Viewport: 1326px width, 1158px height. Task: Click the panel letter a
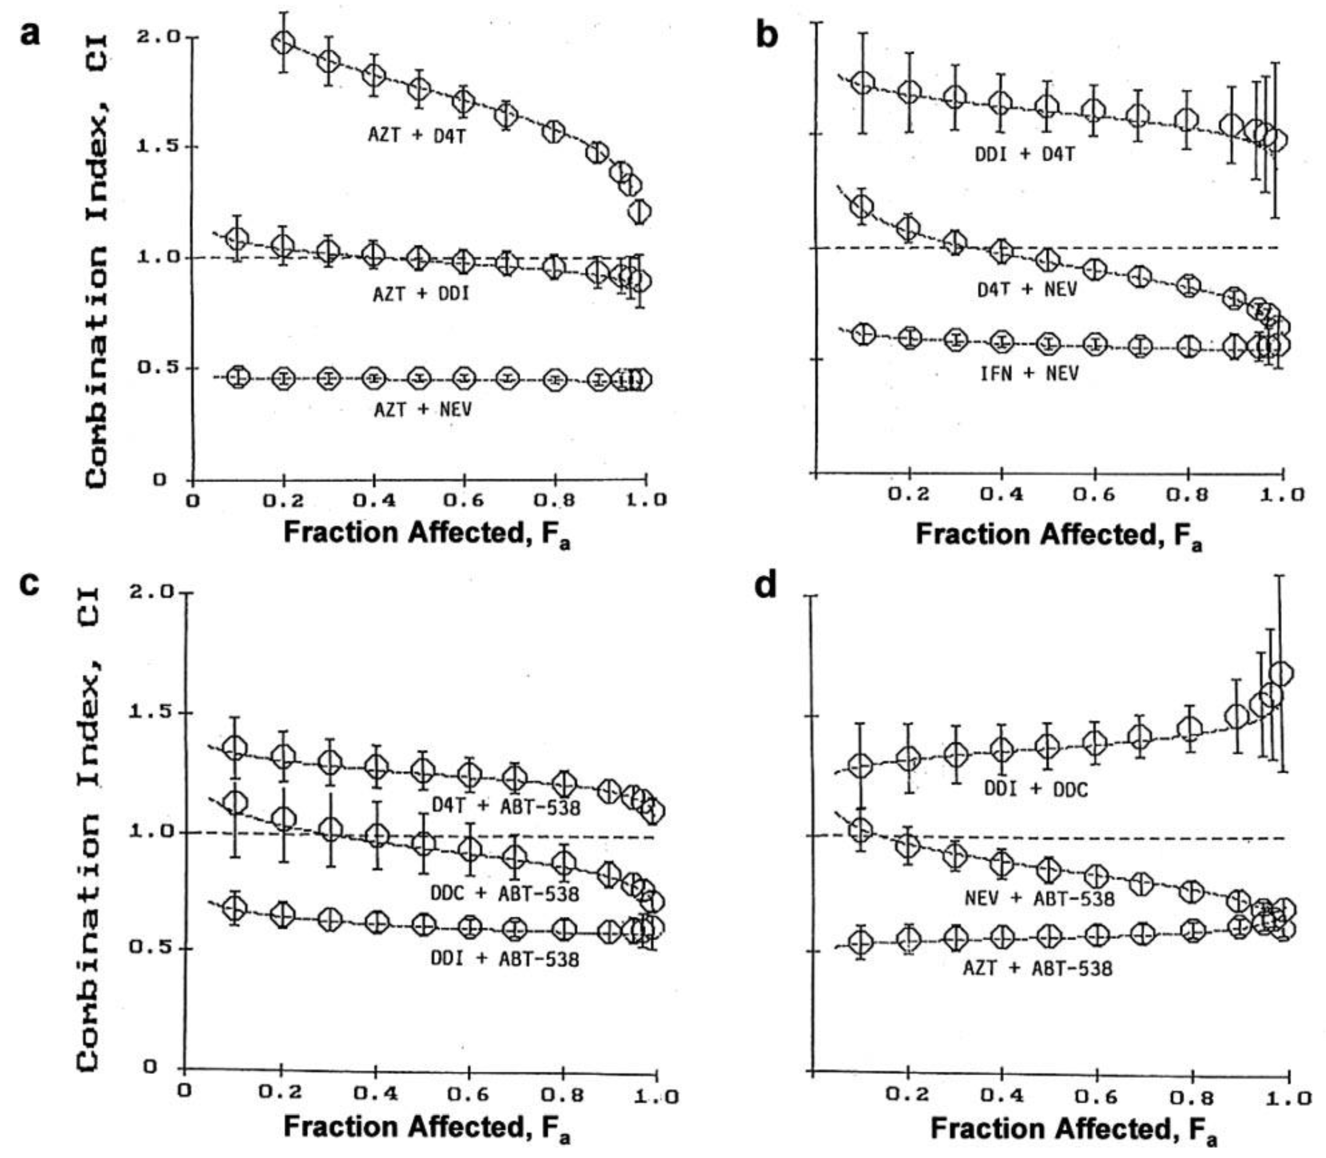(30, 33)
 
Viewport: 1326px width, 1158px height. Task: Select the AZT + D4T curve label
(417, 136)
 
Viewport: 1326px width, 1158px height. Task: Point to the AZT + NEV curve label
(423, 409)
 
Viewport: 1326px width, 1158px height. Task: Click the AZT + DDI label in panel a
(421, 294)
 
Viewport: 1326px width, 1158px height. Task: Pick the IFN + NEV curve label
(1029, 373)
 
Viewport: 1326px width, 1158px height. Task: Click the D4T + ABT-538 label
(506, 806)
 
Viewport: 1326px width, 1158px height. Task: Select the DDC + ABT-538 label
(505, 894)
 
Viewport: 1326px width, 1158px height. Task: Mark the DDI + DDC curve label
(1036, 790)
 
